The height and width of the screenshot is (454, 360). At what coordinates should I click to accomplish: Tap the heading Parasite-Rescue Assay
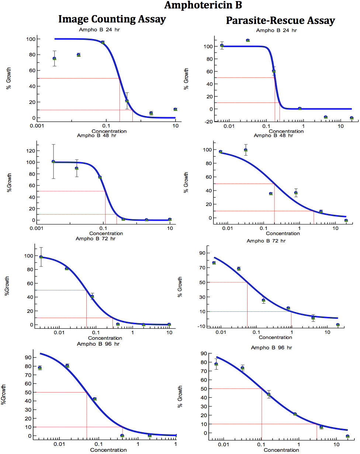tap(280, 20)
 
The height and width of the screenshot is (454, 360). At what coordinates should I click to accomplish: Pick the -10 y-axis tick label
tap(203, 326)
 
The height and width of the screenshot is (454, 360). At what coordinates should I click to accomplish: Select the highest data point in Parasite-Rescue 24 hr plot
tap(248, 40)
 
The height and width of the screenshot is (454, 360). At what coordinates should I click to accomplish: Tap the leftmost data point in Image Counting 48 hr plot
tap(53, 161)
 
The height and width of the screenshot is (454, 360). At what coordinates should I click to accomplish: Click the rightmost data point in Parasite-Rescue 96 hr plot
tap(347, 436)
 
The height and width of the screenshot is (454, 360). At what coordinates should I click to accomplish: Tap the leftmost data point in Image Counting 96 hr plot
tap(40, 368)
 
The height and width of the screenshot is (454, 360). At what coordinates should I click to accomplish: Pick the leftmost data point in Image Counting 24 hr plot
tap(55, 58)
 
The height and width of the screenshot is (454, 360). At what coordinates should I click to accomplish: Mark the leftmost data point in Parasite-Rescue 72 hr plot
tap(214, 263)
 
